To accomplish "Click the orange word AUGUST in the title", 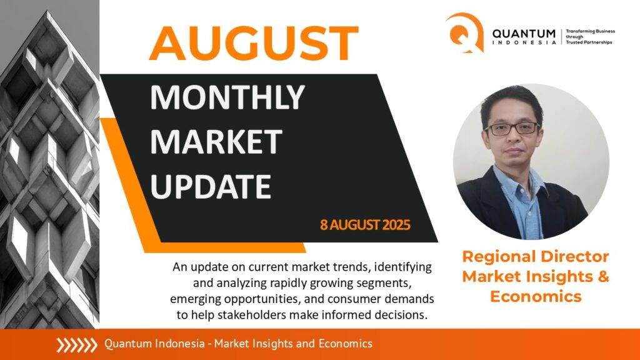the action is tap(254, 43).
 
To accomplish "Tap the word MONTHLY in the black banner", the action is tap(227, 97).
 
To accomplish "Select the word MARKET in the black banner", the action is tap(216, 142).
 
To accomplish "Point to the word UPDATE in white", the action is tap(211, 186).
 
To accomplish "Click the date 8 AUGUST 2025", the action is tap(365, 225).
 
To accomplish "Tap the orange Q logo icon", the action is tap(465, 32).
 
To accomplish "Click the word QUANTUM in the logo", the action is tap(524, 34).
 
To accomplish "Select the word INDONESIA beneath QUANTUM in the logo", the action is tap(524, 42).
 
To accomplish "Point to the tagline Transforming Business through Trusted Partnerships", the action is tap(590, 37).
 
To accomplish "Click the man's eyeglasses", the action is tap(512, 129).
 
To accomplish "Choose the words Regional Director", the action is tap(536, 257).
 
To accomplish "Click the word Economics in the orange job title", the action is tap(536, 296).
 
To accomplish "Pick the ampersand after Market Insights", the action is tap(603, 277).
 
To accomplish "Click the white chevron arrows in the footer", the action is tap(77, 345).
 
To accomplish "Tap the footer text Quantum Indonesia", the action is tap(154, 344).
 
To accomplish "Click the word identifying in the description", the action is tap(403, 267).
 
